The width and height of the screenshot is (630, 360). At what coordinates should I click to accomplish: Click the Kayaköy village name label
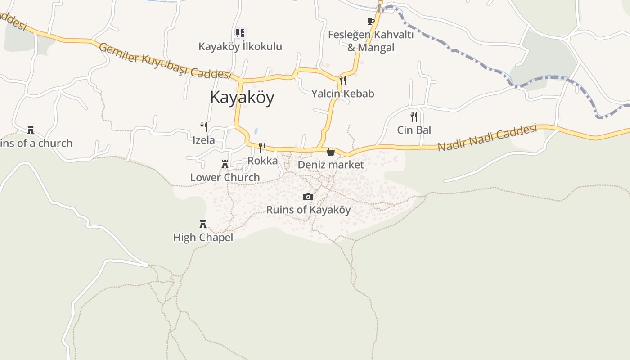(242, 97)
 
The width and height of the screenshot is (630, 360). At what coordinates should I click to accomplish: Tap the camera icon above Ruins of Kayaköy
(308, 197)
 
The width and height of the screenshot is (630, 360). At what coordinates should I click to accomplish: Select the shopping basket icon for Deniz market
(331, 152)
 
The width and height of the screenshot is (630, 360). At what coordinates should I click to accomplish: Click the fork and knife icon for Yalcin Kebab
(343, 81)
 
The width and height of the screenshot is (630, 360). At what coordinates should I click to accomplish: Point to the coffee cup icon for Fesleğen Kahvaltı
(370, 21)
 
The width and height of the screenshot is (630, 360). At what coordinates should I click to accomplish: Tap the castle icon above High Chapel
(203, 224)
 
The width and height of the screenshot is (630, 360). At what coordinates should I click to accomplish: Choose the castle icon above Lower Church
(225, 164)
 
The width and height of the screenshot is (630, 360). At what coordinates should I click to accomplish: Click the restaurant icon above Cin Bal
(414, 117)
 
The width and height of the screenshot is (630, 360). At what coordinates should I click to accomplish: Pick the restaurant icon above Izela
(204, 127)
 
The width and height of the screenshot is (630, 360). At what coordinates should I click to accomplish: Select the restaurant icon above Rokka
(262, 148)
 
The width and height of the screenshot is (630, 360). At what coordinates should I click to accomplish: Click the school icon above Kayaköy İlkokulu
(240, 33)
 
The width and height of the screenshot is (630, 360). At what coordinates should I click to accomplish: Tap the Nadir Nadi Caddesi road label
(487, 138)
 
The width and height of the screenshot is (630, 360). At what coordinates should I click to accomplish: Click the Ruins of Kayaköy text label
(308, 210)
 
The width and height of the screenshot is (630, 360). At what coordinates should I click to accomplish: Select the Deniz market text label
(331, 165)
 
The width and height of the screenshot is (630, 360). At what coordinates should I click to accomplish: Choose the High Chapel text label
(203, 237)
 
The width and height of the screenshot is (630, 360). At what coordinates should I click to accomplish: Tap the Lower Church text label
(225, 177)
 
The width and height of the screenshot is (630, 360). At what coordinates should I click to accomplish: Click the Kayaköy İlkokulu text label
(240, 46)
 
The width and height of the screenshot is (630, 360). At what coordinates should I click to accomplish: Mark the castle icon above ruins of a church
(31, 130)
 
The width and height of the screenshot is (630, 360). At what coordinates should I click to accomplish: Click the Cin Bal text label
(414, 130)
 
